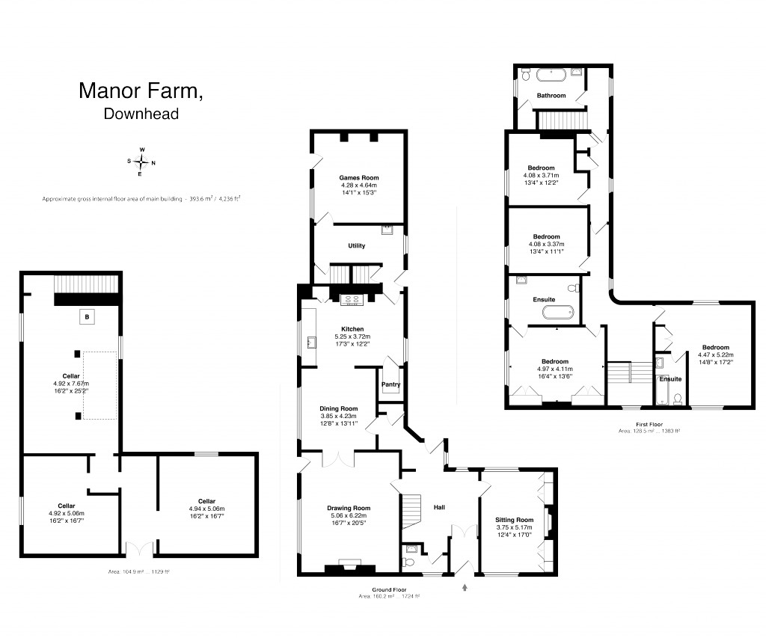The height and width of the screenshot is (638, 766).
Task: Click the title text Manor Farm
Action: click(141, 91)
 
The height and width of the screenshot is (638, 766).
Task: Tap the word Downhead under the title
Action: click(141, 114)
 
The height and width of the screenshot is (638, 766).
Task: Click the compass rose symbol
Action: click(141, 162)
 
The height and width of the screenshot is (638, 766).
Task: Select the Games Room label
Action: click(358, 178)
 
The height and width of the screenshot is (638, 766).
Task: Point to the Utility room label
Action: click(357, 245)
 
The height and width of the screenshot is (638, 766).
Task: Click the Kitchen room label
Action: click(352, 329)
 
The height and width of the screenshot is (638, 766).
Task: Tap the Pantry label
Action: click(390, 385)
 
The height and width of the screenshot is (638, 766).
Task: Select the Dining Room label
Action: click(339, 408)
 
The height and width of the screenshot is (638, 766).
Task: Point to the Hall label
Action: click(439, 507)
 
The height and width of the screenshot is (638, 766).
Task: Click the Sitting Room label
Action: click(515, 520)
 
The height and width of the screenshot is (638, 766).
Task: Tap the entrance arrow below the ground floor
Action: click(465, 587)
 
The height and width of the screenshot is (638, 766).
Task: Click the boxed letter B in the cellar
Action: click(88, 318)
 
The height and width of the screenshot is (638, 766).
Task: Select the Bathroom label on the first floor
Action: click(551, 96)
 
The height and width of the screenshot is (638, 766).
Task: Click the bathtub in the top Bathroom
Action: click(551, 75)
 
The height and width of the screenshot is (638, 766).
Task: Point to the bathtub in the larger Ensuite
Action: click(557, 312)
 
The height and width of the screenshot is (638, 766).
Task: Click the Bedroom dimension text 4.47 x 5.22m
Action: click(716, 355)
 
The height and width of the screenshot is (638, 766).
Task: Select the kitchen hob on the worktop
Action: click(352, 300)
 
